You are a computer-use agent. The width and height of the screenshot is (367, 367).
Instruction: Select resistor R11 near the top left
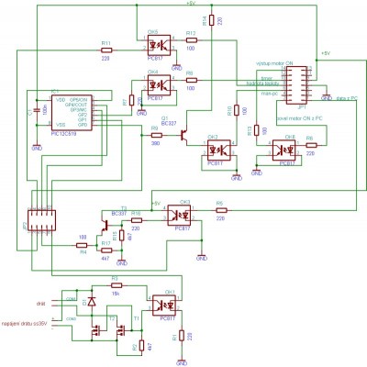point(106,50)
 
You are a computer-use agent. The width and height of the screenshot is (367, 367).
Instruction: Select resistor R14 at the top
point(212,20)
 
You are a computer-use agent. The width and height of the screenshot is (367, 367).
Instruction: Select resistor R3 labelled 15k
point(115,284)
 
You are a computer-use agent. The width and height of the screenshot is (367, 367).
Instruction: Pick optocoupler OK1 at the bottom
point(166,300)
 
